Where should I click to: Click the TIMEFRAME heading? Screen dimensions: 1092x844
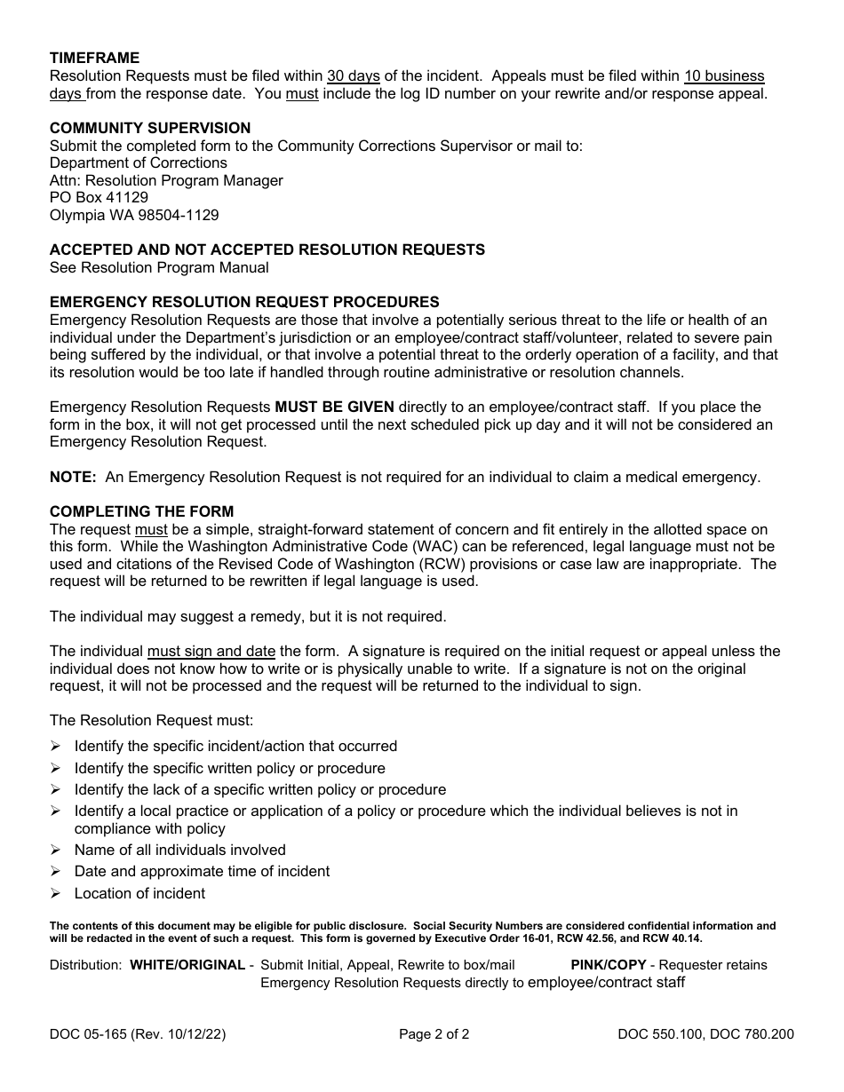(94, 59)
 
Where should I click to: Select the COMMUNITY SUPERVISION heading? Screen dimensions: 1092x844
(150, 128)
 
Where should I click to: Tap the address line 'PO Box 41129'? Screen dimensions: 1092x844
(99, 197)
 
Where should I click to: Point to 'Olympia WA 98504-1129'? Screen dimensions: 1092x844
(134, 215)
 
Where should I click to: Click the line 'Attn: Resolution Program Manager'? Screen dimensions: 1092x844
(166, 180)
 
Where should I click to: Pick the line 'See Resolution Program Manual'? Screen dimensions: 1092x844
(159, 267)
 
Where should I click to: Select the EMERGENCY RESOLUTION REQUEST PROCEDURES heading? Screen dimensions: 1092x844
(244, 302)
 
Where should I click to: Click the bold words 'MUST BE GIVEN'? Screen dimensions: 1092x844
(334, 408)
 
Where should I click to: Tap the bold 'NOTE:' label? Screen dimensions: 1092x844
(73, 477)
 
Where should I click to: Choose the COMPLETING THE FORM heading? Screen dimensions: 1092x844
(142, 511)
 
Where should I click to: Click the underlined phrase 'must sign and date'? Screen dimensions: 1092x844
(211, 651)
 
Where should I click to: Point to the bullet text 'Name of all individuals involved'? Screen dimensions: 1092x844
(180, 850)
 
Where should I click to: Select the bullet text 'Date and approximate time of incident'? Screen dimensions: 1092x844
(202, 871)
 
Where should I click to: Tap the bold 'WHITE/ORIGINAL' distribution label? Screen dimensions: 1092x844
(187, 965)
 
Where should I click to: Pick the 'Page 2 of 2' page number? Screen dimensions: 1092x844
(434, 1033)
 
